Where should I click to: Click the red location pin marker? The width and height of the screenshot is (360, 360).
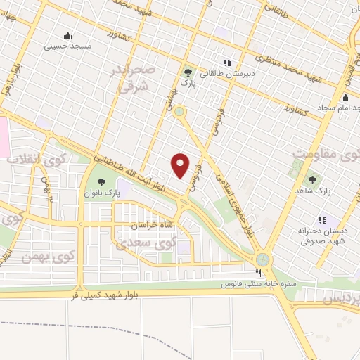point(181,165)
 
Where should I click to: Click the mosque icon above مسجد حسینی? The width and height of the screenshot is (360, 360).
point(67,35)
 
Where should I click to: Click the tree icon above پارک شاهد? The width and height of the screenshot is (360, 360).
point(312,180)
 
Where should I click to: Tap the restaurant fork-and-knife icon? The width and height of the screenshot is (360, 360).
point(259,274)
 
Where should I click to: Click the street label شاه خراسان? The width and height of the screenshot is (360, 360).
point(151,226)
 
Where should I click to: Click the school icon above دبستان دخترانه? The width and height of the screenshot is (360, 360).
point(323,219)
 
